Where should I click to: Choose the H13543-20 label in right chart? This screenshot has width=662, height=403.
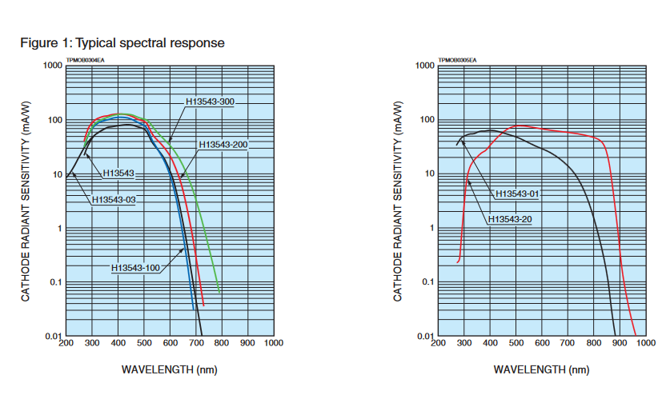510,218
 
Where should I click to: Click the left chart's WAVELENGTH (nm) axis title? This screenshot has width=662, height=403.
169,369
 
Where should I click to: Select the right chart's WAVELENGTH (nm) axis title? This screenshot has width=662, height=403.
541,369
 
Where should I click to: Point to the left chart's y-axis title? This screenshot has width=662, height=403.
26,201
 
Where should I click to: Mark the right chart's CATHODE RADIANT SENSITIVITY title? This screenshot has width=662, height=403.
398,201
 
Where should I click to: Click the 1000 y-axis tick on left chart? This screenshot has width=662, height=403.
53,66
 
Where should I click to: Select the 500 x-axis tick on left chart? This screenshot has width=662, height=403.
143,344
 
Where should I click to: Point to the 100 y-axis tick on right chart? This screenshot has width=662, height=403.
427,120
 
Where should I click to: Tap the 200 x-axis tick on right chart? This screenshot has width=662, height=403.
438,344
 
